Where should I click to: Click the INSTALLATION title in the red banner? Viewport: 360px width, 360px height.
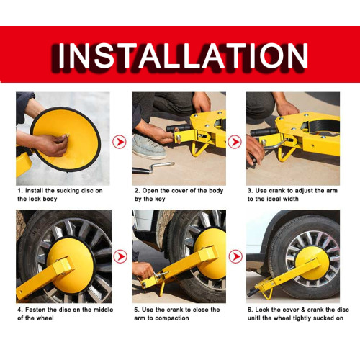click(182, 55)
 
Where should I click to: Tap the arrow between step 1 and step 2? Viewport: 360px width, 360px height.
click(120, 142)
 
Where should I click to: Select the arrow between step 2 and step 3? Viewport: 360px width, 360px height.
click(235, 142)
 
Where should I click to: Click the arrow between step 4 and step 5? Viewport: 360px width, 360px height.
click(120, 256)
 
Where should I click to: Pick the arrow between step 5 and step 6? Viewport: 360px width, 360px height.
click(235, 256)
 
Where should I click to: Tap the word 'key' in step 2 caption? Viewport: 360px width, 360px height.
click(160, 199)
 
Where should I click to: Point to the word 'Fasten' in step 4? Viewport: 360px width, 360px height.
click(35, 310)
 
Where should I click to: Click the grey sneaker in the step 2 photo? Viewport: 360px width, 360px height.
click(149, 146)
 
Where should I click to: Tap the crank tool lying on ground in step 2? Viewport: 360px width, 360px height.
click(153, 168)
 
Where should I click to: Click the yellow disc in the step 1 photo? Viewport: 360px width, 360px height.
click(66, 139)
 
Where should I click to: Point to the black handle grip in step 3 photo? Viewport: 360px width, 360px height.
click(264, 132)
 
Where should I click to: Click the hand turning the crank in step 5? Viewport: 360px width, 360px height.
click(143, 271)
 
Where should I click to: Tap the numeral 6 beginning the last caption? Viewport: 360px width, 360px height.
click(250, 310)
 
